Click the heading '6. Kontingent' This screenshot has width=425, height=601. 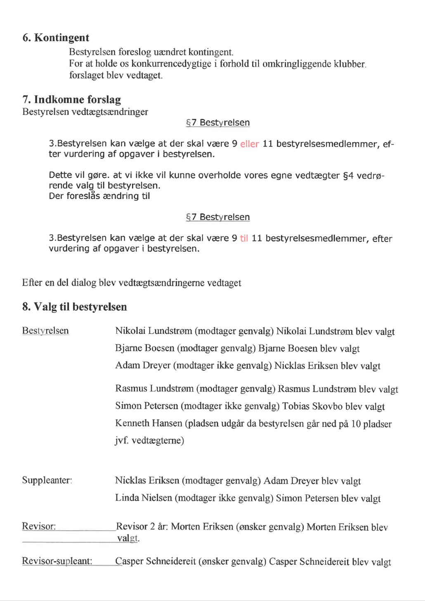coord(56,38)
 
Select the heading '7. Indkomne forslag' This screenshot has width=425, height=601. coord(71,100)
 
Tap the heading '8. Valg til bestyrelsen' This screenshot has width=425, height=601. coord(74,307)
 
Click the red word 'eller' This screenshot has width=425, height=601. coord(250,144)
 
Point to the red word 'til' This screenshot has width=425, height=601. coord(244,238)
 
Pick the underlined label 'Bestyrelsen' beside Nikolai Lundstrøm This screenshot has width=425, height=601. coord(45,331)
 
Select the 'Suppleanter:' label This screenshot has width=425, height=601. coord(47,480)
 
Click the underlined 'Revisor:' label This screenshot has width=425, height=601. coord(39,526)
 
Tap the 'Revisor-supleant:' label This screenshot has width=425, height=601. coord(57,561)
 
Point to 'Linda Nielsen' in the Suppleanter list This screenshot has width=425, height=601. coord(143,498)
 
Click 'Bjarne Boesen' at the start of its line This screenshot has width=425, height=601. coord(144,348)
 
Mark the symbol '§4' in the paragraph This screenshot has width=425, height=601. coord(348,175)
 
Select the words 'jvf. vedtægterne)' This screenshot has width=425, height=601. coord(149,441)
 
